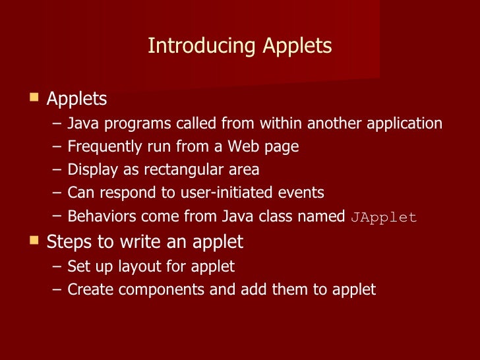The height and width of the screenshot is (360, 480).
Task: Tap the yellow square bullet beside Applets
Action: point(34,98)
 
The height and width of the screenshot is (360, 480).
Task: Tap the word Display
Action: point(90,170)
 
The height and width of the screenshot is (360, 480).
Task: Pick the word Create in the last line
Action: point(88,289)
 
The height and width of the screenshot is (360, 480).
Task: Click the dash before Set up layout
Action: point(57,267)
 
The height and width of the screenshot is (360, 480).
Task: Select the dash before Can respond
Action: point(57,193)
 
